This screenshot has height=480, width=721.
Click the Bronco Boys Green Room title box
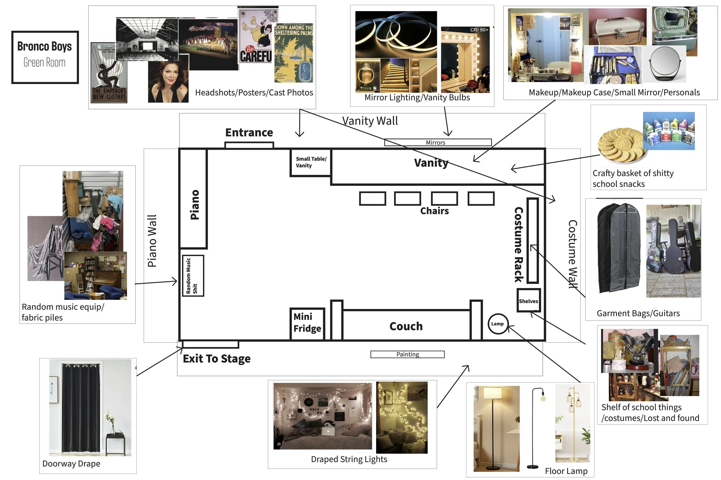click(45, 57)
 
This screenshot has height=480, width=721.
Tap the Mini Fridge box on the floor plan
click(307, 323)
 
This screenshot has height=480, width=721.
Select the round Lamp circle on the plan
click(497, 324)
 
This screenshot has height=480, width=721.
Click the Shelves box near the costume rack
click(528, 300)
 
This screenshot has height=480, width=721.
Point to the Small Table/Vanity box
click(310, 162)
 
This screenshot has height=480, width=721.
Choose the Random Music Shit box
click(193, 276)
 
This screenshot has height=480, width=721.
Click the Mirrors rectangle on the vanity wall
click(438, 142)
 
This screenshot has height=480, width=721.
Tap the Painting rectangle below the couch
click(407, 354)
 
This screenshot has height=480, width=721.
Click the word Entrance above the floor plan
click(249, 132)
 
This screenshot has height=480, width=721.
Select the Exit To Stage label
click(216, 358)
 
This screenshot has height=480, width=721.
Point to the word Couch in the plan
click(406, 326)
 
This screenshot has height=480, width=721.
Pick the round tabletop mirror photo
click(664, 64)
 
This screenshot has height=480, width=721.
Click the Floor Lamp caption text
click(566, 471)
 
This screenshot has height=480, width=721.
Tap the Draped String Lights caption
click(349, 459)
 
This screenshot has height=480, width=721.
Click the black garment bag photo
click(619, 248)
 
